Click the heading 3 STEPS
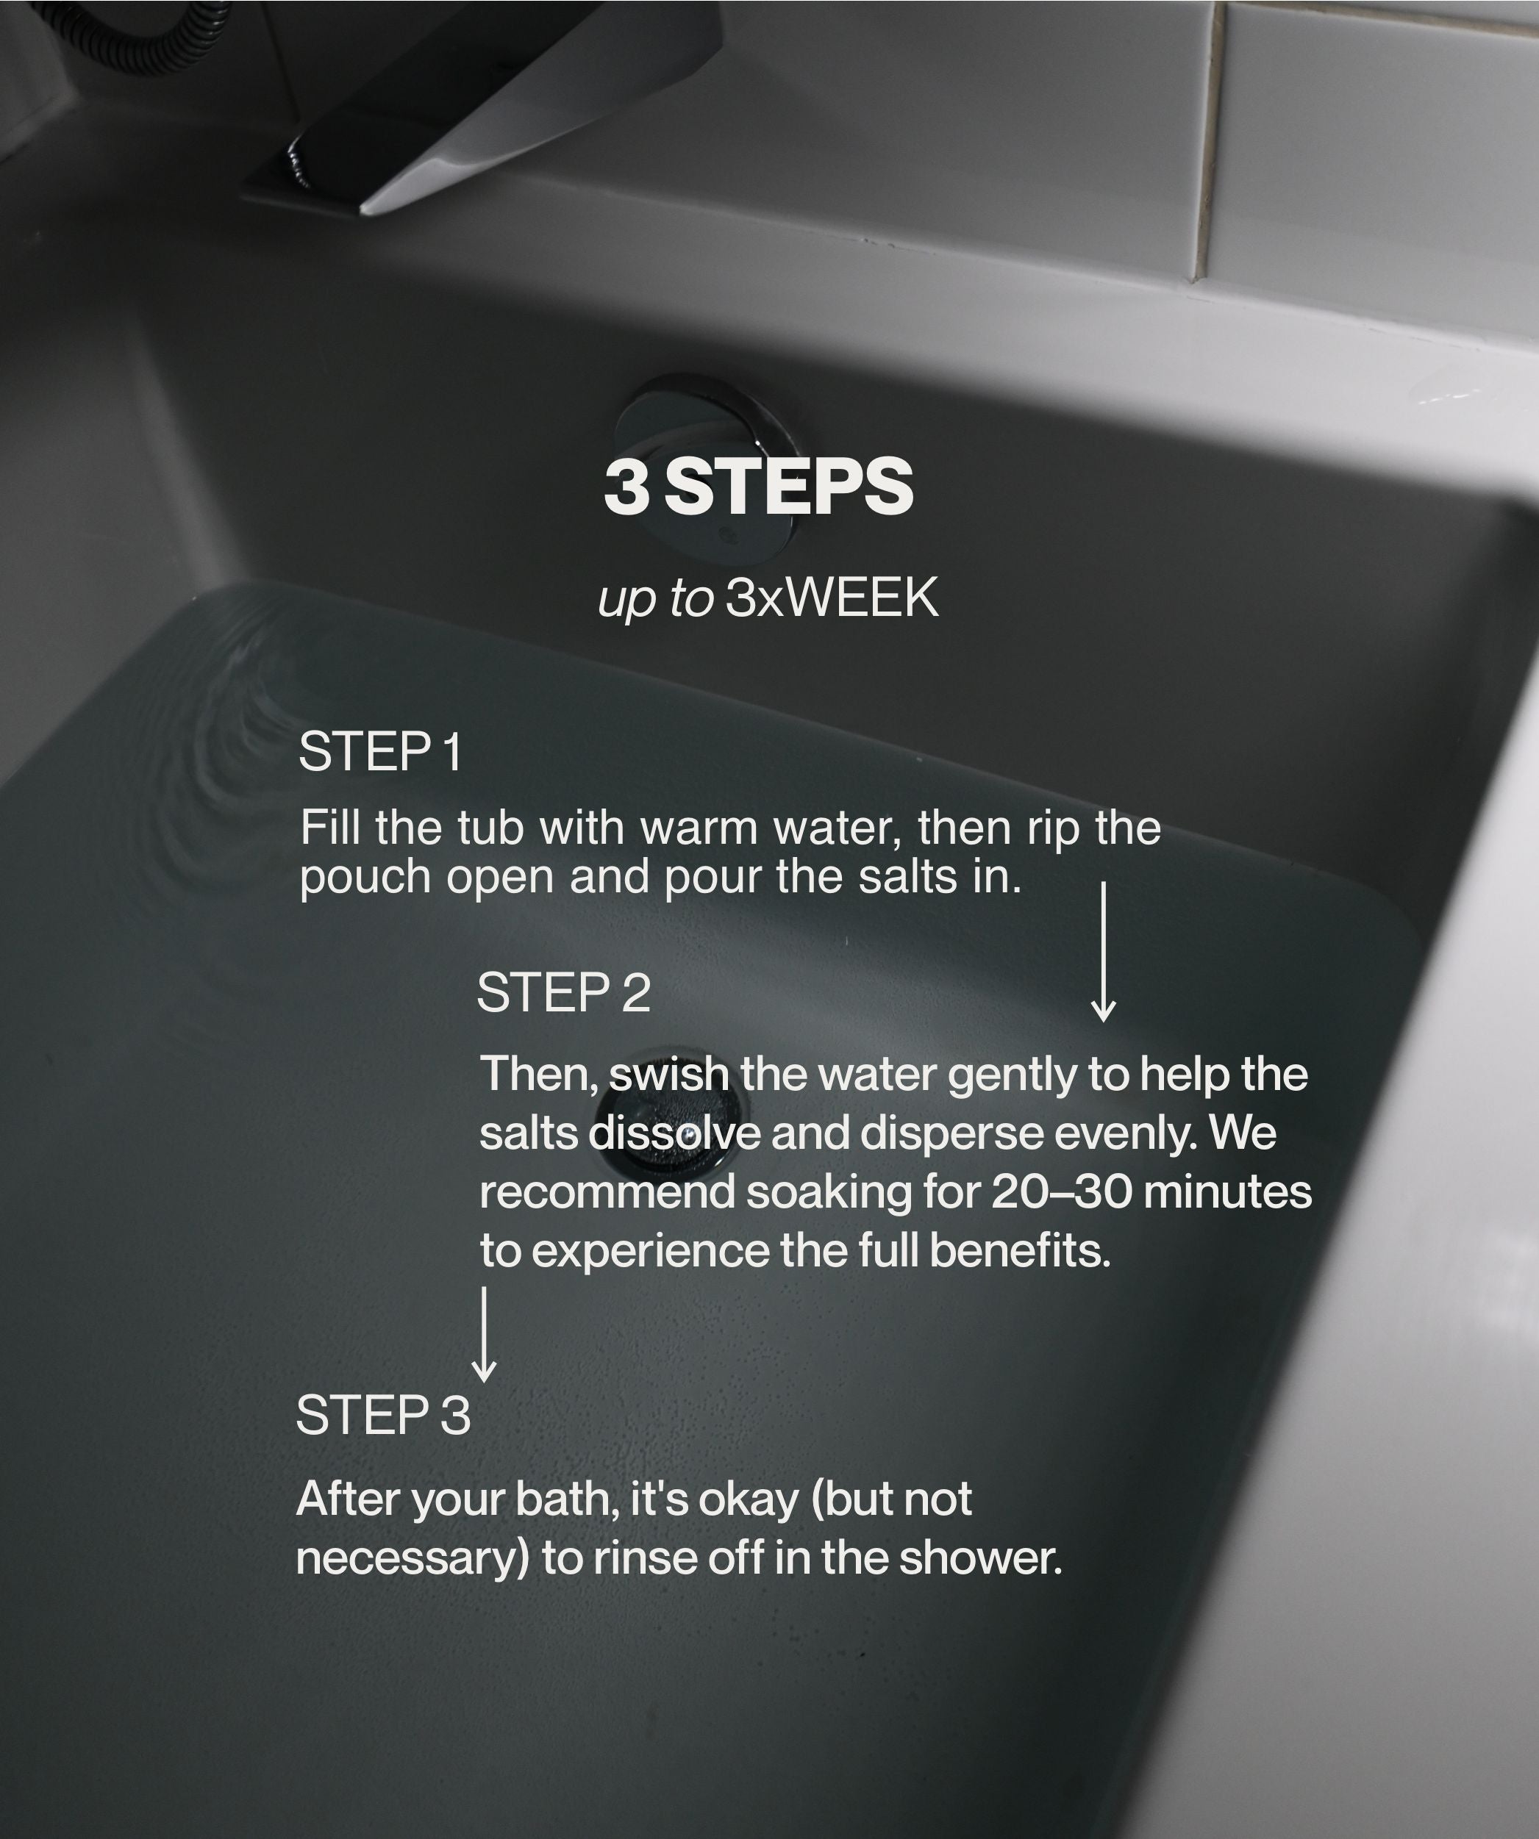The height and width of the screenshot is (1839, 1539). coord(759,487)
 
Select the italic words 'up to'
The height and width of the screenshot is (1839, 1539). coord(655,600)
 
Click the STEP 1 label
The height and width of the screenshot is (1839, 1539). coord(380,751)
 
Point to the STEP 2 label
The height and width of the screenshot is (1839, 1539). coord(563,992)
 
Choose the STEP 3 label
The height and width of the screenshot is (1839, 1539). coord(384,1414)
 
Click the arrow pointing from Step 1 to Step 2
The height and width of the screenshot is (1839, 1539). coord(1103,951)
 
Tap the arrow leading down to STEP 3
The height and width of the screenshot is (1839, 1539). coord(485,1334)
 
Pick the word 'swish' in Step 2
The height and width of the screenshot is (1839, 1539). coord(668,1075)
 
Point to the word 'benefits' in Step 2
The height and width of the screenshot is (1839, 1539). coord(1020,1250)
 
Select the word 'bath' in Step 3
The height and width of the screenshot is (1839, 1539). coord(568,1500)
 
